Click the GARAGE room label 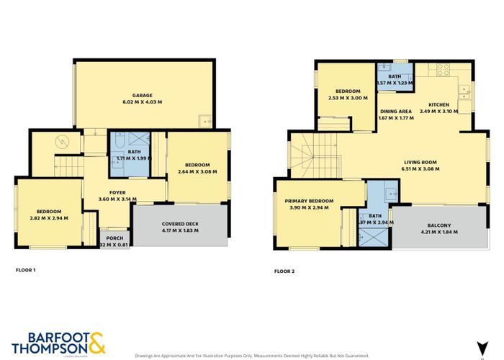tap(146, 95)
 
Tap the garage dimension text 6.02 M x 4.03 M tap(146, 102)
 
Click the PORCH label tap(114, 238)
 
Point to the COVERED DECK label tap(181, 223)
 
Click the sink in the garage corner tap(205, 121)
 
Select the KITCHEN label tap(438, 104)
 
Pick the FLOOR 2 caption tap(284, 271)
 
